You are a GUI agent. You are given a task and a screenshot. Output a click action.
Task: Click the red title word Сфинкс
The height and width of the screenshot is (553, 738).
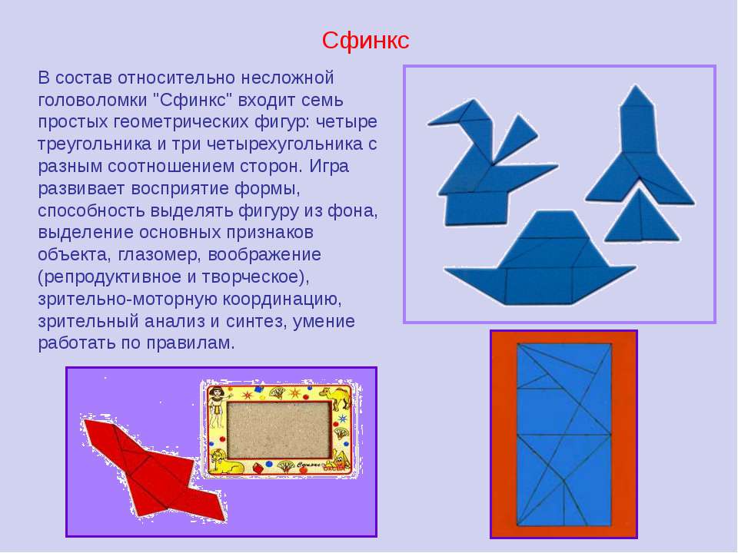pyautogui.click(x=365, y=41)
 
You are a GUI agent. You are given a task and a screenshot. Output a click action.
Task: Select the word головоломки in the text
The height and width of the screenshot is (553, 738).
pyautogui.click(x=93, y=100)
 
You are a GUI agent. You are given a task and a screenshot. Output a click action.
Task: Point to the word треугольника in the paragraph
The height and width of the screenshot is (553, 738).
pyautogui.click(x=95, y=144)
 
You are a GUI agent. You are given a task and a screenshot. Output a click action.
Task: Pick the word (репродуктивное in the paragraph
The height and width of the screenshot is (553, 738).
pyautogui.click(x=110, y=276)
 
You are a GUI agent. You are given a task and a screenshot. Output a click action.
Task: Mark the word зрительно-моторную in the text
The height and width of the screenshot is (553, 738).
pyautogui.click(x=126, y=299)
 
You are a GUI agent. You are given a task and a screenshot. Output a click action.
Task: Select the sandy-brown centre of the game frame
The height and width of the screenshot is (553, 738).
pyautogui.click(x=278, y=430)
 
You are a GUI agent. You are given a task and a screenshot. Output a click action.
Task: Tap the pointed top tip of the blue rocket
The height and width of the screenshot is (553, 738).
pyautogui.click(x=637, y=85)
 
